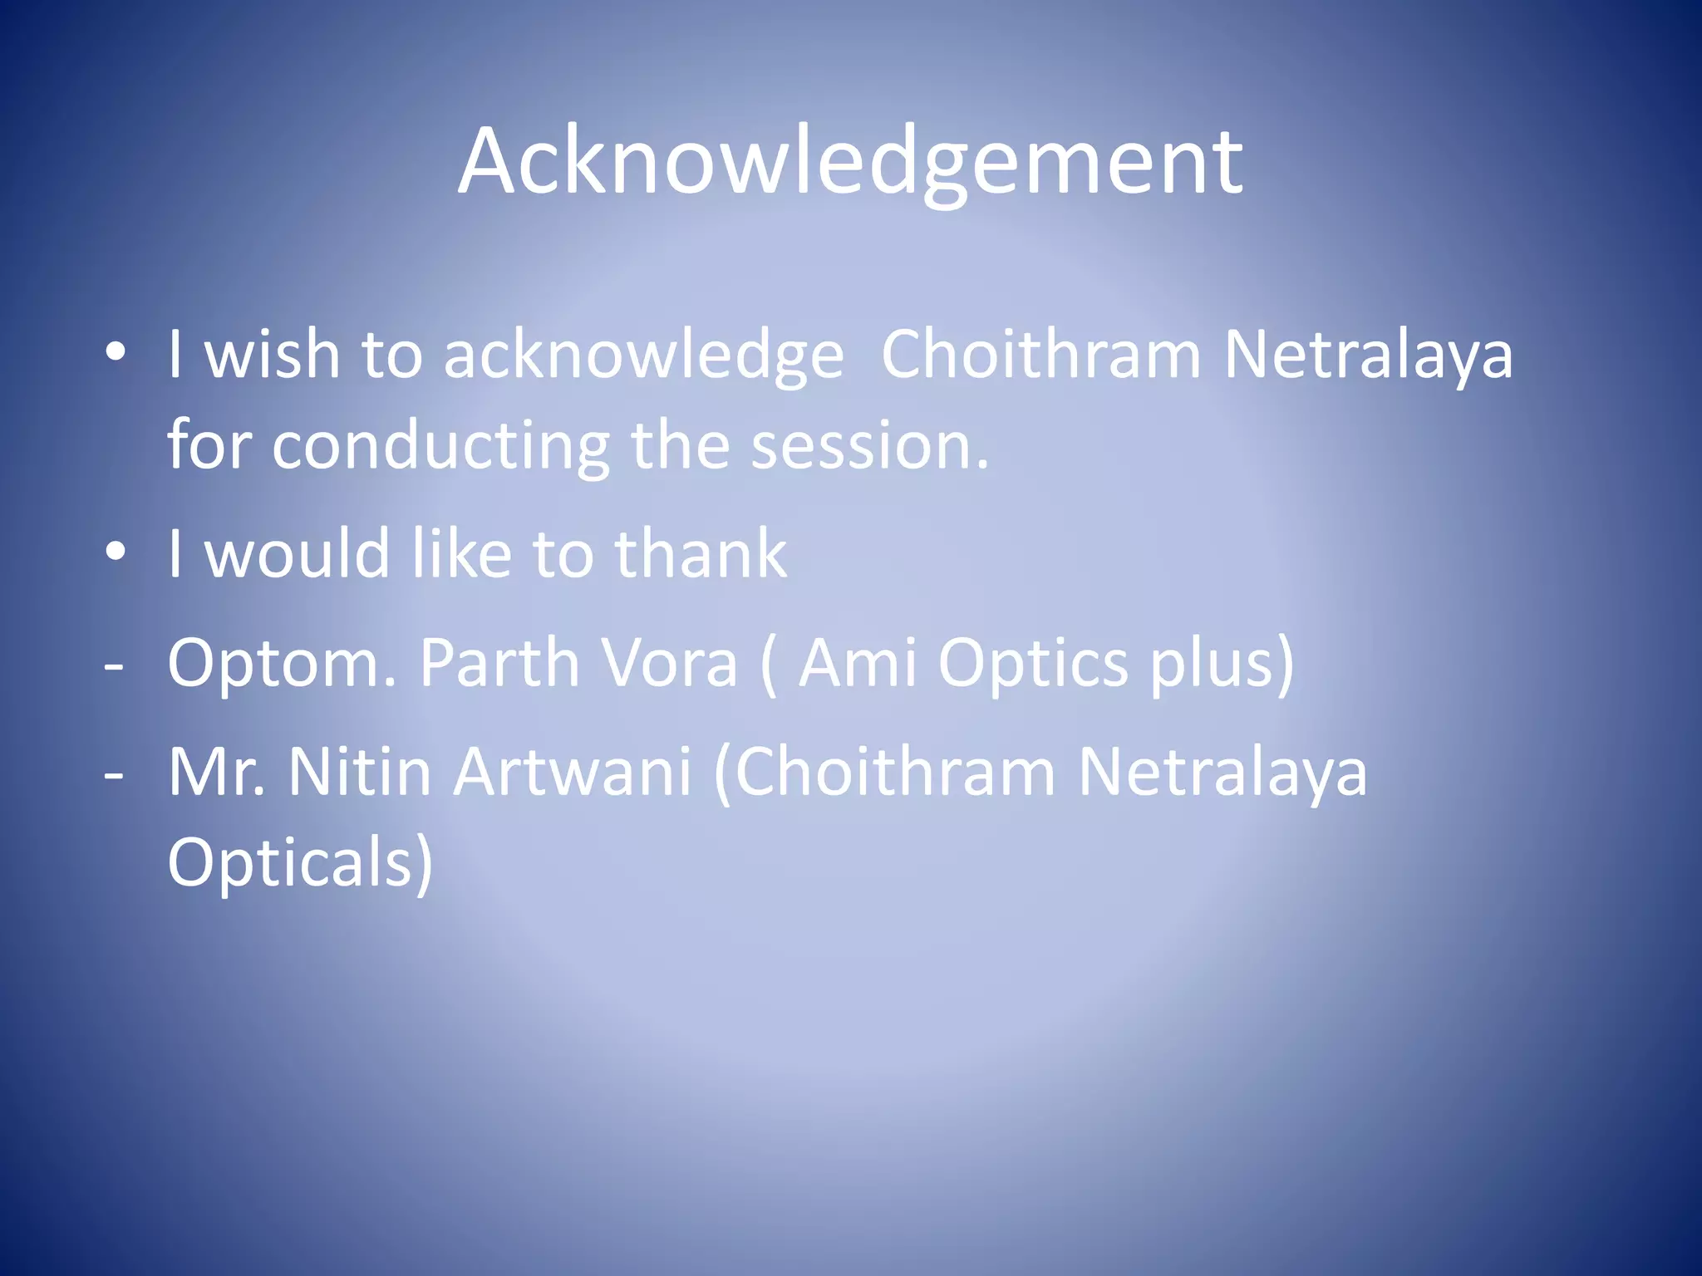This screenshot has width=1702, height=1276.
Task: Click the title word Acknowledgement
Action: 849,162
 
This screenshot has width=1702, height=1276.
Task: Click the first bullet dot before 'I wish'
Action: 116,352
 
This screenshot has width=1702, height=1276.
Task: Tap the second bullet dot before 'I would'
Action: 116,551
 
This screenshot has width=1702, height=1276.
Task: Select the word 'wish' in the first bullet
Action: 272,355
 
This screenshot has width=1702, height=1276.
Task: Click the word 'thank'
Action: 700,553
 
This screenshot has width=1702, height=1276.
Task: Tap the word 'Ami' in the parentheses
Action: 857,663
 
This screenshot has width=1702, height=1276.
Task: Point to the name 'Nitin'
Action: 359,772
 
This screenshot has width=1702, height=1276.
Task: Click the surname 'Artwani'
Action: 573,772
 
